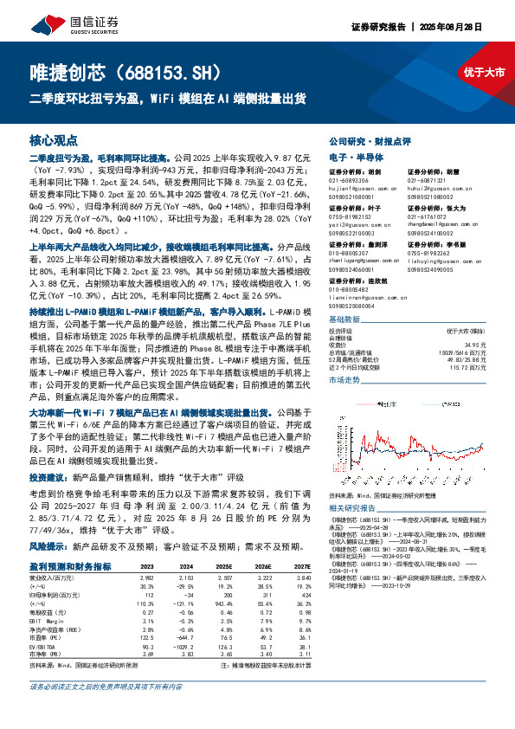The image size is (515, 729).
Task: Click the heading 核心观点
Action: [54, 139]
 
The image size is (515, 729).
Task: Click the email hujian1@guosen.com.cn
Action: [357, 186]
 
